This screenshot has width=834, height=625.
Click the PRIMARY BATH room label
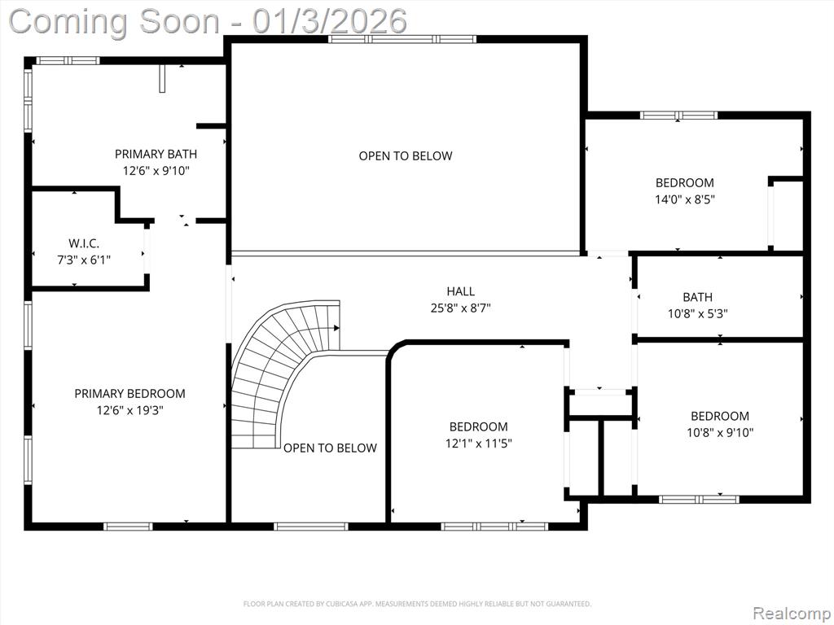point(156,154)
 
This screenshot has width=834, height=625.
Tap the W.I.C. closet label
point(84,243)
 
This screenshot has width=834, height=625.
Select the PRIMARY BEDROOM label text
point(129,394)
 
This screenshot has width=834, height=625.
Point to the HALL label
point(461,291)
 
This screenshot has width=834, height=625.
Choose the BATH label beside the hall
point(697,297)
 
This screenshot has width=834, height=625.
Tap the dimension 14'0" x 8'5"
point(684,200)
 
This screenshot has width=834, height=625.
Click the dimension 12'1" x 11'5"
point(478,444)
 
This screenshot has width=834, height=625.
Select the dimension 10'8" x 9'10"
point(720,433)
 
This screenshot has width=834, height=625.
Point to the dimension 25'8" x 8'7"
point(461,308)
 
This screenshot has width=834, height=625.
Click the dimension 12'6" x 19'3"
point(129,410)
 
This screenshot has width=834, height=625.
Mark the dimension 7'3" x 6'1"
point(84,260)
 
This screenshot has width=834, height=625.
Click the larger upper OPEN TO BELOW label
point(406,155)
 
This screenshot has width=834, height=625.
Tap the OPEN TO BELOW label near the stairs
point(330,448)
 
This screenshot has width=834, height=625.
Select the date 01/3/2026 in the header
point(330,21)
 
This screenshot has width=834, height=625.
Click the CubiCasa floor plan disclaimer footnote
point(417,604)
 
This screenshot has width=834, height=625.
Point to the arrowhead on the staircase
point(336,328)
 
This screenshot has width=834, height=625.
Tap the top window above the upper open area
point(402,39)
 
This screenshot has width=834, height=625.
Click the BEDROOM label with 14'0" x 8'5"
point(684,183)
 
